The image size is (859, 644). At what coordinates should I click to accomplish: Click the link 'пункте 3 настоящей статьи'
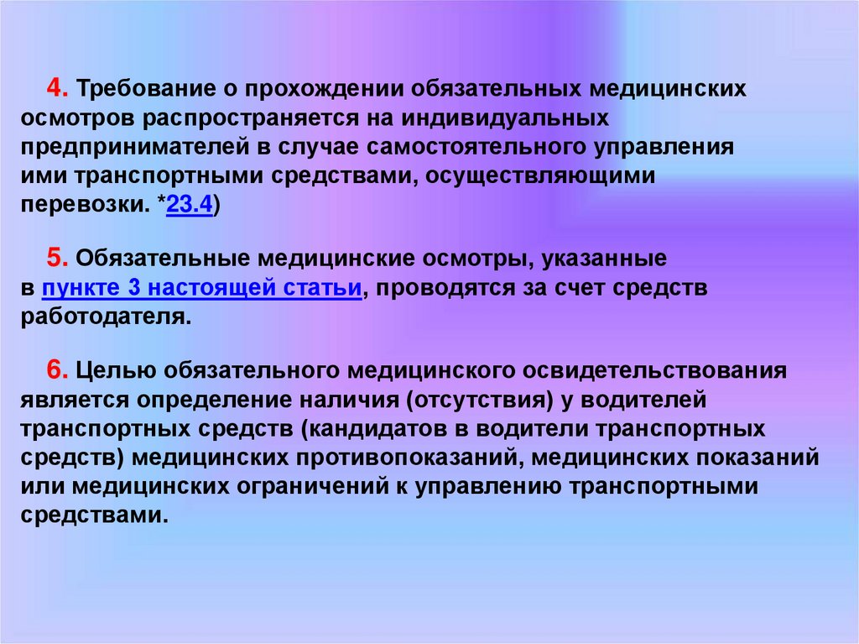point(201,288)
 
